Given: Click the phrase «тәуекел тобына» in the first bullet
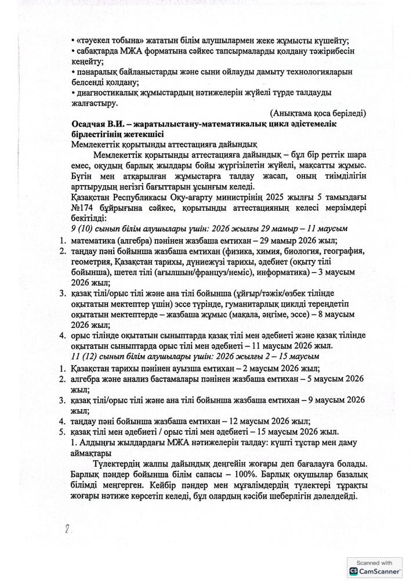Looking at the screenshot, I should [x=103, y=40].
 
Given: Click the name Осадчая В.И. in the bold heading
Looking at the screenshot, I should [x=95, y=124].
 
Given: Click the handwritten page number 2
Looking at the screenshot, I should [x=67, y=530].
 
